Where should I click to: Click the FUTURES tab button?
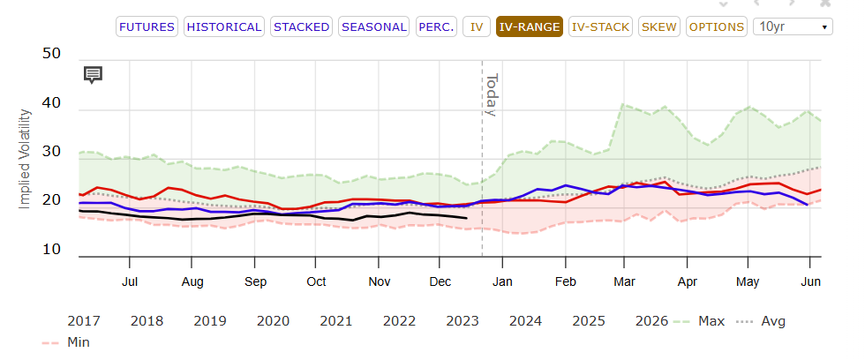147,26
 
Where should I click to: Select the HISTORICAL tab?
223,26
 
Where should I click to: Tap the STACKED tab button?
302,26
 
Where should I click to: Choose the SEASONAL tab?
373,26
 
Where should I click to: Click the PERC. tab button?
437,26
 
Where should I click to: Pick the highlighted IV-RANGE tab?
529,26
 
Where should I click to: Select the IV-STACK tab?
601,26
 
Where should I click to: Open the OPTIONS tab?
716,26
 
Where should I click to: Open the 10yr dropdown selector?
793,26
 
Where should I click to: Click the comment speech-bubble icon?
93,74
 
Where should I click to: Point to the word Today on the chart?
492,94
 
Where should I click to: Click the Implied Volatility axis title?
25,159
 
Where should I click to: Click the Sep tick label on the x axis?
255,281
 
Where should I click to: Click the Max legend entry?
697,320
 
